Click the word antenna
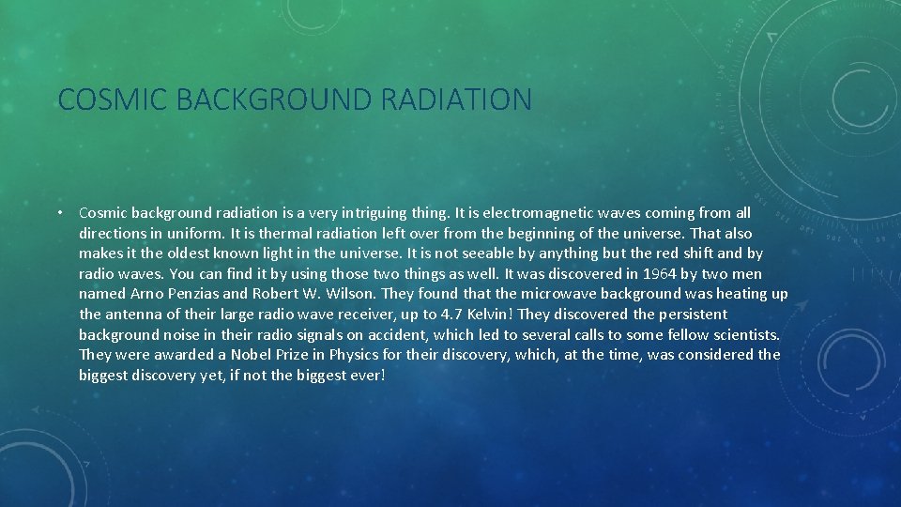pyautogui.click(x=131, y=315)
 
